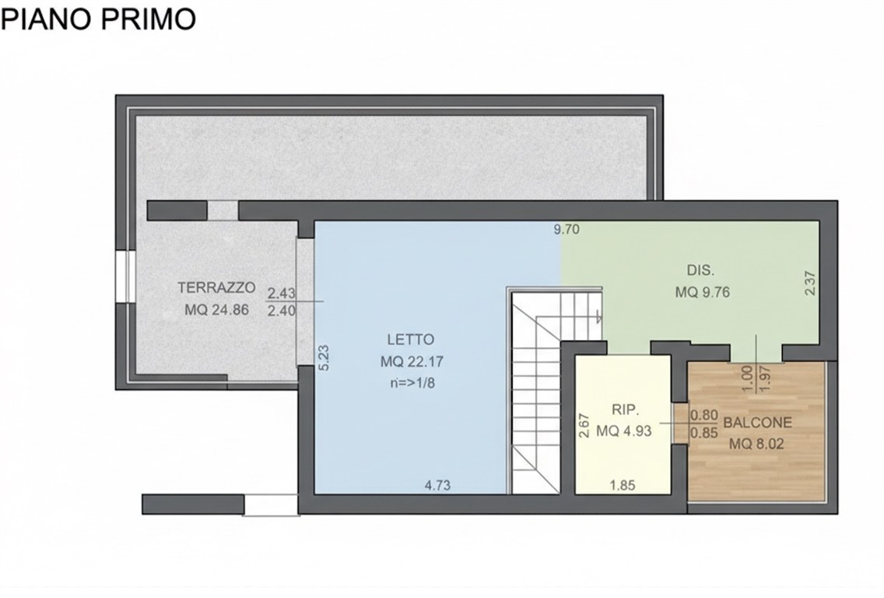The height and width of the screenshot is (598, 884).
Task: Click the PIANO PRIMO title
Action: tap(98, 18)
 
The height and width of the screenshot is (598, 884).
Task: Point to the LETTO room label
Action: tap(410, 339)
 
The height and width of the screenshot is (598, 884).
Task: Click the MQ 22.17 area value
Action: tap(410, 361)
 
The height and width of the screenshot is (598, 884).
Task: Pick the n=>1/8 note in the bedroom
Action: tap(410, 382)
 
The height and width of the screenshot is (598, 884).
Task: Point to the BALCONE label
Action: tap(757, 423)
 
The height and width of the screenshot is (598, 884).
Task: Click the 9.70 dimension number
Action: tap(567, 230)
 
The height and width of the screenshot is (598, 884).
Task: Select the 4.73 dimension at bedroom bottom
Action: tap(437, 485)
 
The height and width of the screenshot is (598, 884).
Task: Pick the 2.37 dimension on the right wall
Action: tap(809, 282)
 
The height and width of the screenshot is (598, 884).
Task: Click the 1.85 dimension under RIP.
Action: tap(623, 485)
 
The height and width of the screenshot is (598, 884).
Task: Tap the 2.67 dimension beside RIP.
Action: tap(582, 426)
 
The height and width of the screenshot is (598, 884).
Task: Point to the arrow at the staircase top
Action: tap(597, 315)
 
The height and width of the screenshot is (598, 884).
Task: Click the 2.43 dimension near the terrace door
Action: tap(281, 294)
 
